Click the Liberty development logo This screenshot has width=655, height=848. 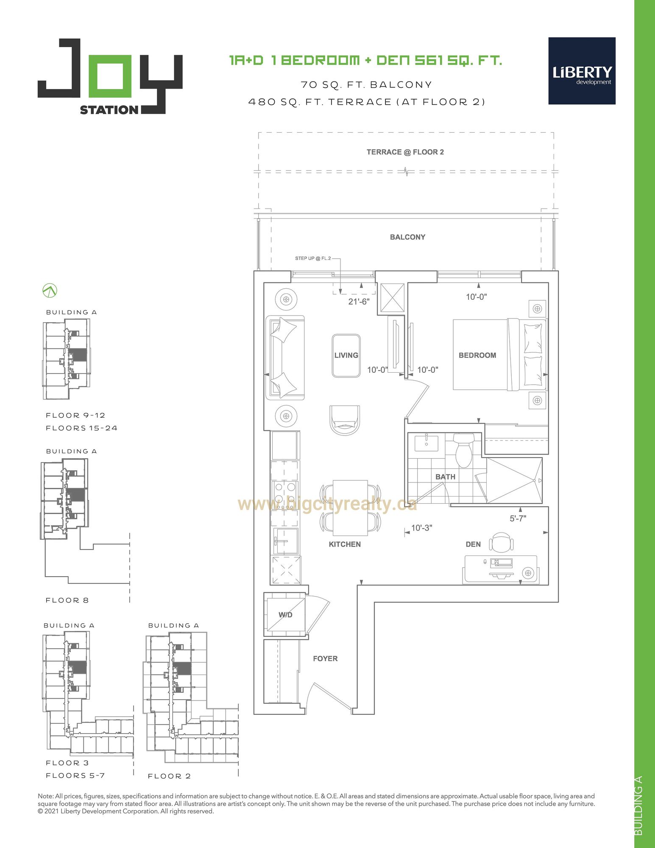[x=582, y=71]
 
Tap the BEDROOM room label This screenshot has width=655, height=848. [x=477, y=355]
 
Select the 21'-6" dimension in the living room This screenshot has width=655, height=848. [x=359, y=301]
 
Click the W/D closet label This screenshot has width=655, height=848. [x=285, y=615]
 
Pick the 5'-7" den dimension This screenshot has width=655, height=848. [x=518, y=518]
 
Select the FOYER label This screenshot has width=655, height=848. [x=325, y=658]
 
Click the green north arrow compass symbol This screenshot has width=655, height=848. [x=50, y=291]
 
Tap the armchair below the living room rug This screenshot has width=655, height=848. [x=345, y=419]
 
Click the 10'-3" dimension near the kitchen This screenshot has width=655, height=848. [x=421, y=528]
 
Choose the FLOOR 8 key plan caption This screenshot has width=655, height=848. [x=67, y=600]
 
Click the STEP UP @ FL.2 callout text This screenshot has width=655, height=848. [x=313, y=258]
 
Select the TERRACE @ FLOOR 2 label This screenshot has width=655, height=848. [x=405, y=152]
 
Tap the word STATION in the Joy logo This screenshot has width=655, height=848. [x=109, y=110]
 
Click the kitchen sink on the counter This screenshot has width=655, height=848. [x=285, y=541]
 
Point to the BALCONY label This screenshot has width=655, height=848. [x=407, y=237]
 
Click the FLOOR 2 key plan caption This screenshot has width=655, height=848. [x=169, y=776]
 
